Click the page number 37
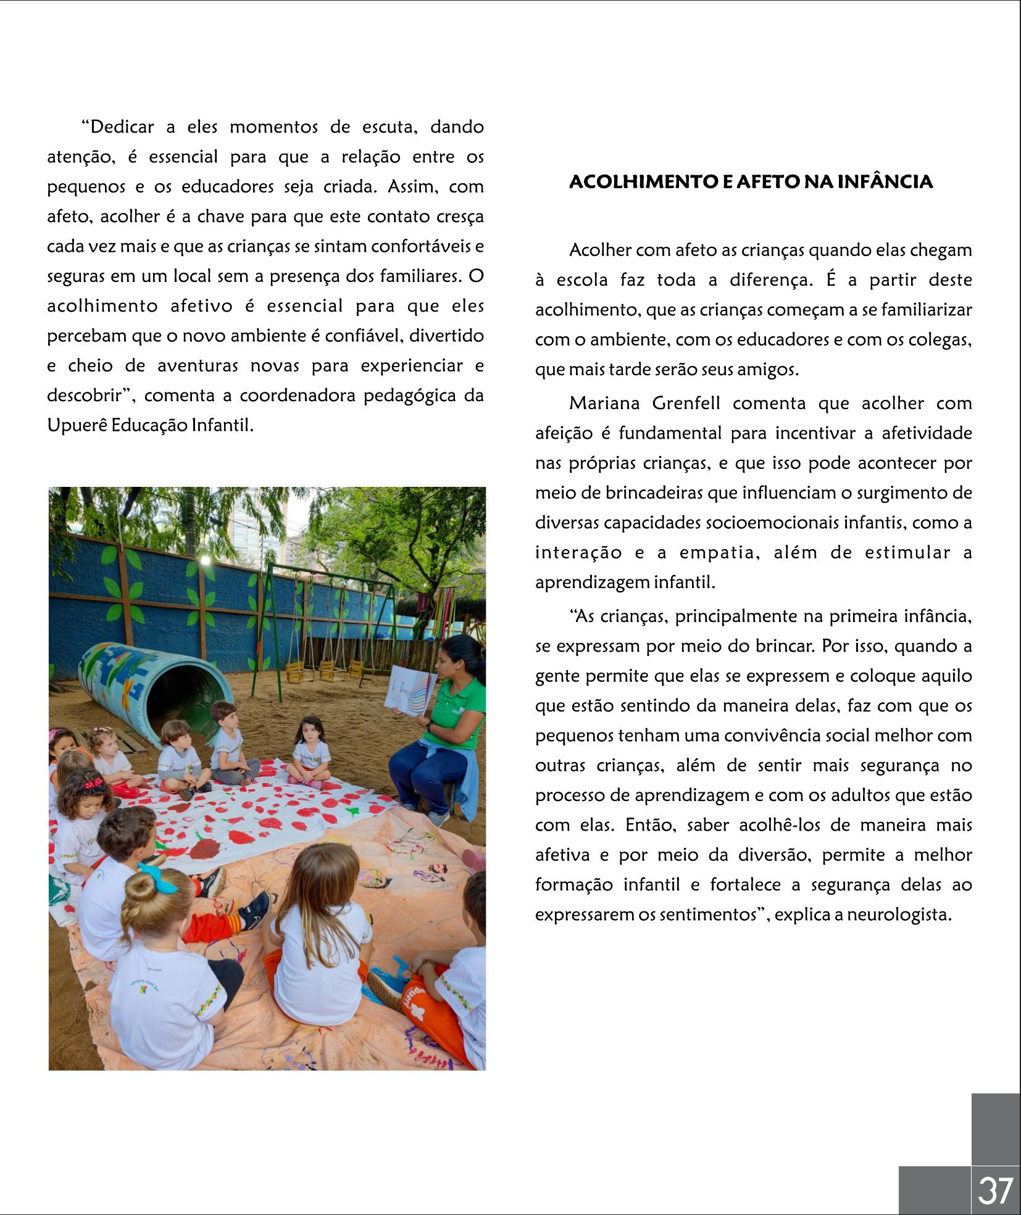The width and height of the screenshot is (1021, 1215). [995, 1190]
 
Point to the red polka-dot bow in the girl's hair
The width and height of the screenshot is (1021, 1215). [94, 784]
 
